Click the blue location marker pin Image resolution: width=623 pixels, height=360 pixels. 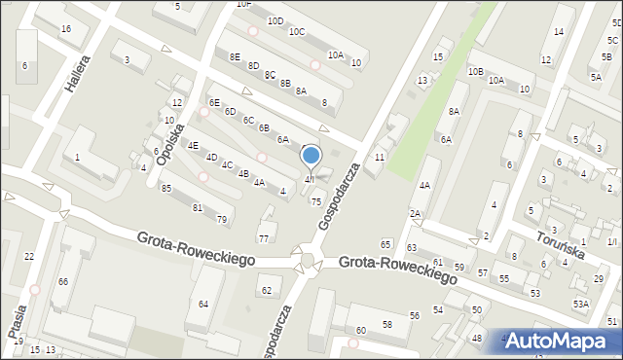(x=311, y=156)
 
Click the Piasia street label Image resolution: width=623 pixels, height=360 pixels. (x=17, y=319)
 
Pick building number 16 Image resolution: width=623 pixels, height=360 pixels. (x=66, y=29)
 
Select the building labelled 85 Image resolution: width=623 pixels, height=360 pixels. (x=166, y=189)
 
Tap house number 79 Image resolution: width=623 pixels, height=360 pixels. (x=222, y=219)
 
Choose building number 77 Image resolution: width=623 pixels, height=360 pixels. (x=264, y=238)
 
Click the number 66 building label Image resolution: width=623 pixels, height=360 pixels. (x=62, y=281)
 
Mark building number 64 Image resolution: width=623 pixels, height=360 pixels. (x=203, y=305)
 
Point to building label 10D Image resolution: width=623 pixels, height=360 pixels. (x=275, y=20)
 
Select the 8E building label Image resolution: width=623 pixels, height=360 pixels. (x=235, y=56)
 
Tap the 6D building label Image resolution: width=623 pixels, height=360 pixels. (x=231, y=111)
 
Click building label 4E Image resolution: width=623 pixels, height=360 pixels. (x=193, y=146)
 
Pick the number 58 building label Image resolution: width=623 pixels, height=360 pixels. (x=387, y=324)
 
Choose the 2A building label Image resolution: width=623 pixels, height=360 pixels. (x=415, y=213)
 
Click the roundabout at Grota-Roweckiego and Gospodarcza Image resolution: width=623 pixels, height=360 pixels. (x=309, y=260)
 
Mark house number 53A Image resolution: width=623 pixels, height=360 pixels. (x=580, y=305)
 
